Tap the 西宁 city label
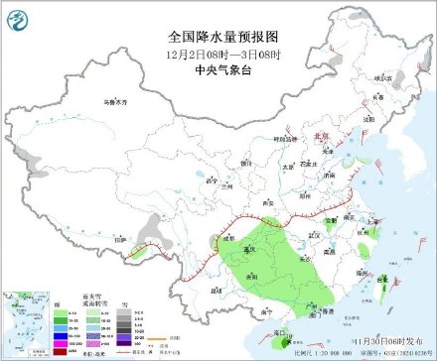click(209, 181)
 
